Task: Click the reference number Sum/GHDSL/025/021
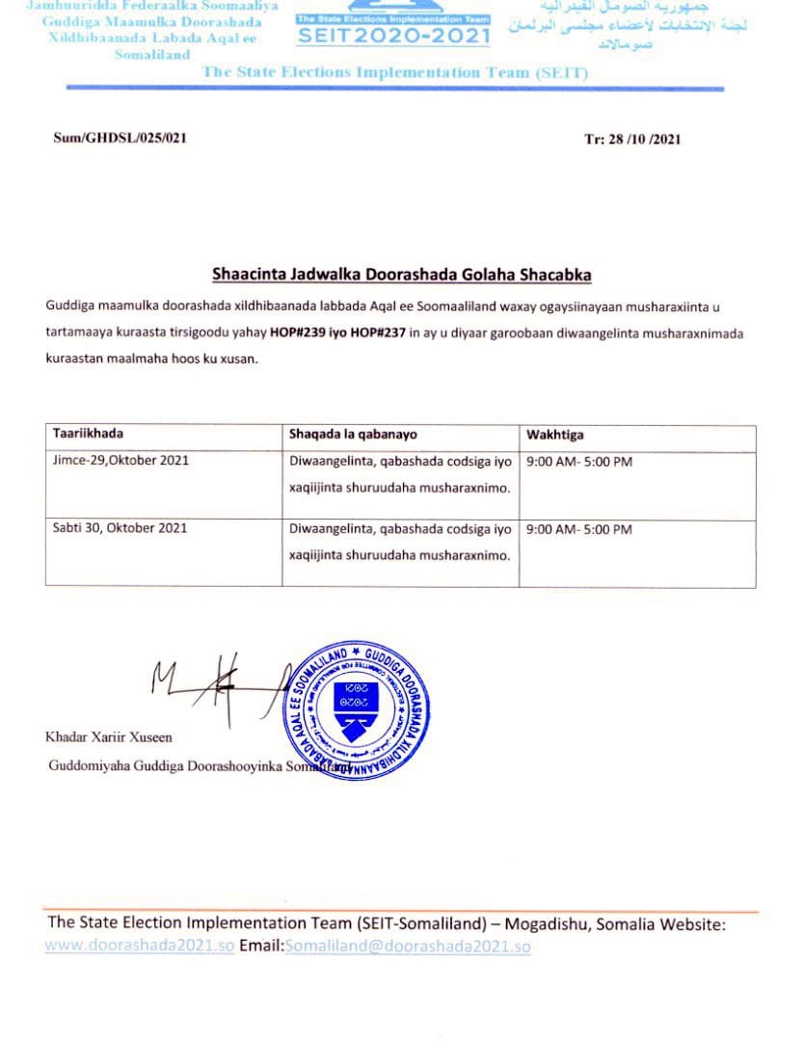(x=120, y=138)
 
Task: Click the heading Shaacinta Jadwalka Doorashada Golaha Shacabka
(x=401, y=275)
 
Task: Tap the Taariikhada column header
(x=88, y=434)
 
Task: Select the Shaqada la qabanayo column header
(x=353, y=435)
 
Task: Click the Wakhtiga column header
(x=554, y=435)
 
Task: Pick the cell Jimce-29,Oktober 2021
(x=121, y=461)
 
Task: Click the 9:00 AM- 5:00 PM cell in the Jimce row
(x=579, y=462)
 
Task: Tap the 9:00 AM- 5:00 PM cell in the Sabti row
(x=579, y=529)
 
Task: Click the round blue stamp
(x=356, y=708)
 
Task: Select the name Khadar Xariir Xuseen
(x=109, y=737)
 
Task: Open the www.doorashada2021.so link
(x=139, y=947)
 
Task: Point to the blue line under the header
(x=395, y=89)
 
